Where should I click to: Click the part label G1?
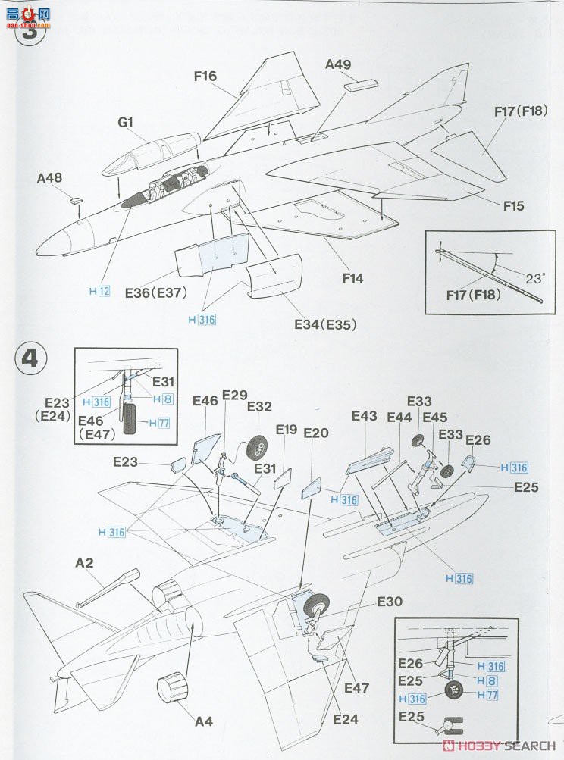[126, 121]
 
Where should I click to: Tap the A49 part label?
[338, 65]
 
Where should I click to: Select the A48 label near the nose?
[49, 179]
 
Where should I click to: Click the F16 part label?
[205, 76]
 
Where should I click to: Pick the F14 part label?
[352, 278]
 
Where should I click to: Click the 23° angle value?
[534, 278]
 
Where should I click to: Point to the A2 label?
[84, 562]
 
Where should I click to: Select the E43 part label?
[365, 416]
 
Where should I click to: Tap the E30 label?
[390, 602]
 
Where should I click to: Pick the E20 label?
[315, 433]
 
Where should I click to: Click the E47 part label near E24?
[356, 688]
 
